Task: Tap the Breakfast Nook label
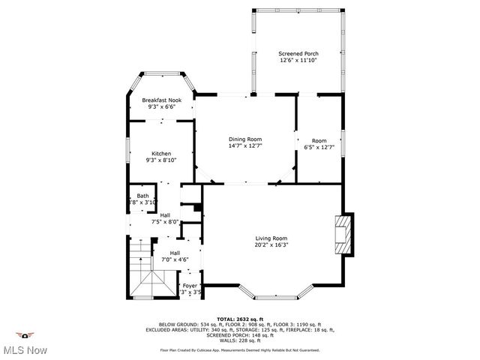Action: pos(162,100)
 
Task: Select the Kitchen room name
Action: pos(162,154)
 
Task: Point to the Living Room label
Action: pos(271,238)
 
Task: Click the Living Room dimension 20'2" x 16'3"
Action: pos(271,244)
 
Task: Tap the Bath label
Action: pos(142,196)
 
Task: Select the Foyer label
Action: pos(190,285)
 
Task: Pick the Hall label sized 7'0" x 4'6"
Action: pos(175,253)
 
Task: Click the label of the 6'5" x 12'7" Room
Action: pos(319,140)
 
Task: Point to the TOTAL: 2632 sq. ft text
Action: pos(239,319)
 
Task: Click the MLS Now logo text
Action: pos(26,350)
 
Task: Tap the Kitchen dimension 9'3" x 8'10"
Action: pos(162,160)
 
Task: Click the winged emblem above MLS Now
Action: pos(26,335)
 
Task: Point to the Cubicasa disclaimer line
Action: pos(239,350)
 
